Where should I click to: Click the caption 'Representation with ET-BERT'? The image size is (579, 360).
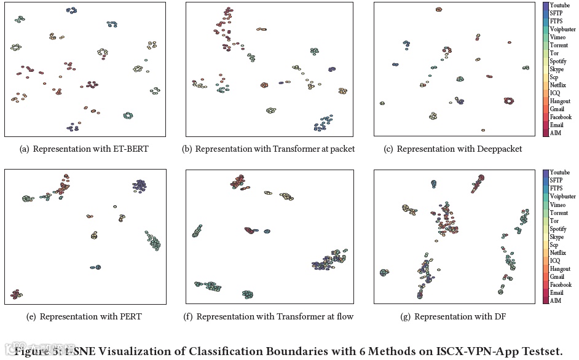pyautogui.click(x=90, y=149)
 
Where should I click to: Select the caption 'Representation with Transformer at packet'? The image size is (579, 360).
pyautogui.click(x=275, y=149)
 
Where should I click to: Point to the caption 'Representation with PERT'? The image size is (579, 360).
pyautogui.click(x=90, y=316)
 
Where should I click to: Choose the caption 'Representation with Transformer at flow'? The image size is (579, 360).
pyautogui.click(x=275, y=316)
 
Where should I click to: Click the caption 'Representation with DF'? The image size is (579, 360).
pyautogui.click(x=460, y=316)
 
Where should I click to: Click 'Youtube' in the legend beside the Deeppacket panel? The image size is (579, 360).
pyautogui.click(x=559, y=6)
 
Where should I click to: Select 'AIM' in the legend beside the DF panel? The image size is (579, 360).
pyautogui.click(x=555, y=300)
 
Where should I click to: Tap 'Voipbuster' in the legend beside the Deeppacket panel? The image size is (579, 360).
pyautogui.click(x=562, y=29)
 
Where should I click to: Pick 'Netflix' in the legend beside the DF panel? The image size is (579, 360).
pyautogui.click(x=557, y=253)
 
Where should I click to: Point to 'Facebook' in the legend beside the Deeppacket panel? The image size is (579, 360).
pyautogui.click(x=561, y=117)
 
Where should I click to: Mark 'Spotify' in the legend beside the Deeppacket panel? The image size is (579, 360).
pyautogui.click(x=558, y=61)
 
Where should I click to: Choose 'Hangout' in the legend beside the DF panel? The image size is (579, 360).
pyautogui.click(x=560, y=269)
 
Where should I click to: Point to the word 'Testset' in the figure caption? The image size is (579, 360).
pyautogui.click(x=537, y=351)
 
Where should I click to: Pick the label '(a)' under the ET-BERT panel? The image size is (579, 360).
pyautogui.click(x=25, y=149)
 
